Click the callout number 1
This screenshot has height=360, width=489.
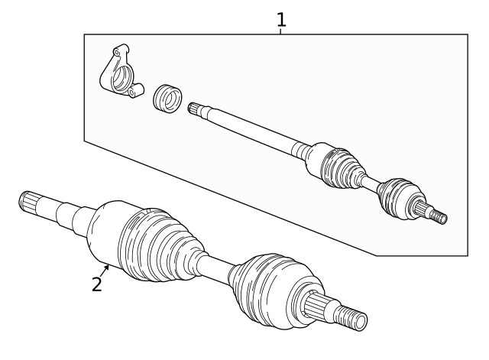click(x=281, y=18)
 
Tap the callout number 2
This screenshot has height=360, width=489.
click(x=96, y=284)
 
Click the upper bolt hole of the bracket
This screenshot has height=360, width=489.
click(x=116, y=52)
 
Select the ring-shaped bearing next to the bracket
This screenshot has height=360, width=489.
click(x=168, y=98)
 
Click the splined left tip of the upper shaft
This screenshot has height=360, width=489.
click(x=196, y=109)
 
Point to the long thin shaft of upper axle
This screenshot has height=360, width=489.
click(x=252, y=129)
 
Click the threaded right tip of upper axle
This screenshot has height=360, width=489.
click(x=439, y=217)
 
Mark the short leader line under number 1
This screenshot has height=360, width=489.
click(x=281, y=31)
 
